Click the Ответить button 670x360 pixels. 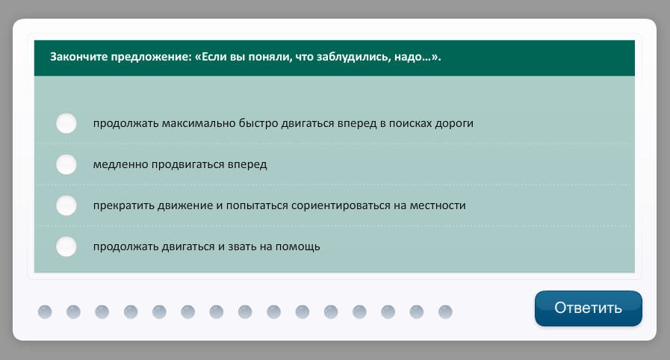click(589, 308)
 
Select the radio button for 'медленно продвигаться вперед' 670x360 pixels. click(66, 164)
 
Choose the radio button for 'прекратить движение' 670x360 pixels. click(66, 205)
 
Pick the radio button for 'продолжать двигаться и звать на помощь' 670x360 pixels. click(66, 246)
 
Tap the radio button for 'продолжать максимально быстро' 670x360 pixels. click(66, 123)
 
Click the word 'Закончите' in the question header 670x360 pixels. click(79, 57)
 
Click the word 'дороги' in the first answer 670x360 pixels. click(454, 124)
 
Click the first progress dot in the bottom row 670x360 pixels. click(45, 311)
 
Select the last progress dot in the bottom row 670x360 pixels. click(445, 311)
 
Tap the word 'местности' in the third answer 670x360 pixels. click(438, 206)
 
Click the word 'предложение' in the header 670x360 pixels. click(152, 57)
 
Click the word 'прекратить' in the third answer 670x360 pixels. click(124, 206)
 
